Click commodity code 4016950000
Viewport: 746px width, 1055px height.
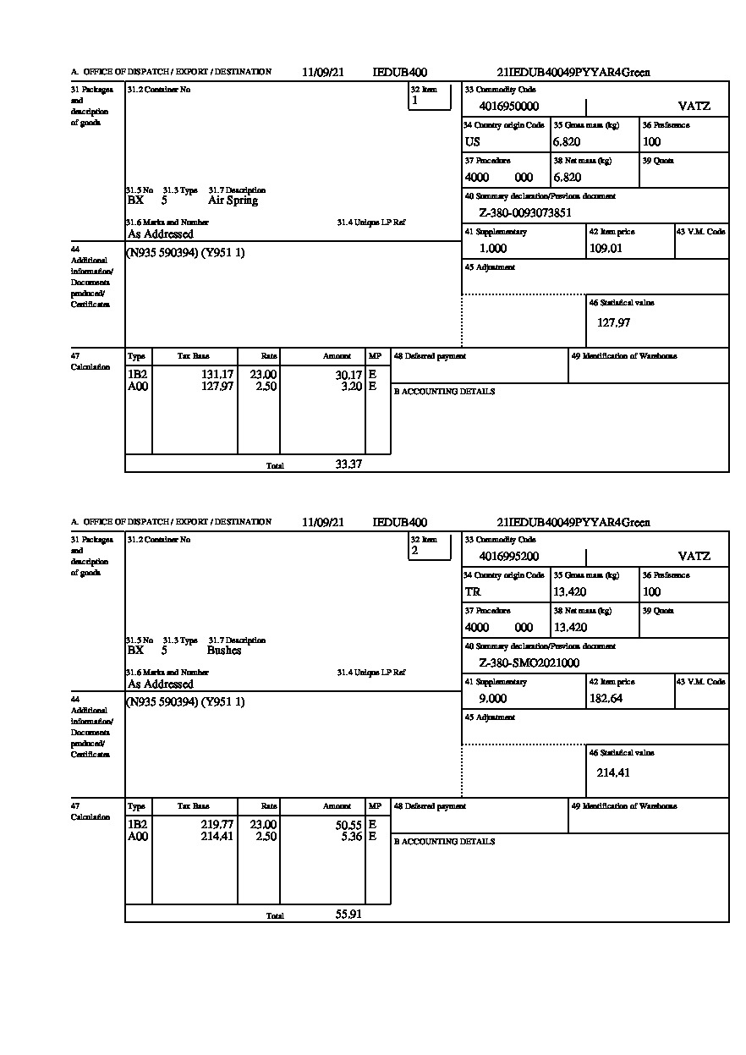click(x=508, y=107)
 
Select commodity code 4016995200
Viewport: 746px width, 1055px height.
click(x=508, y=557)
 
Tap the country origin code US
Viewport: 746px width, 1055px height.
click(x=472, y=142)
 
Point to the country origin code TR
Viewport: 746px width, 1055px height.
click(x=473, y=592)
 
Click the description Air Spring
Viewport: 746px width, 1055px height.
click(x=233, y=201)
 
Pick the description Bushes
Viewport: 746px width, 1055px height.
click(x=224, y=651)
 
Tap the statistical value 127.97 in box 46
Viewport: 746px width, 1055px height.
click(x=613, y=322)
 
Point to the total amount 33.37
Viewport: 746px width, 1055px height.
click(x=348, y=464)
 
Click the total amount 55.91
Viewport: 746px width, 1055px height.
click(x=348, y=914)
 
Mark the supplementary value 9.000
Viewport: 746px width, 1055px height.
click(x=493, y=699)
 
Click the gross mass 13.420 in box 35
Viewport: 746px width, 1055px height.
click(x=569, y=592)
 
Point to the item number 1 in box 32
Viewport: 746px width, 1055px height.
click(x=414, y=101)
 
